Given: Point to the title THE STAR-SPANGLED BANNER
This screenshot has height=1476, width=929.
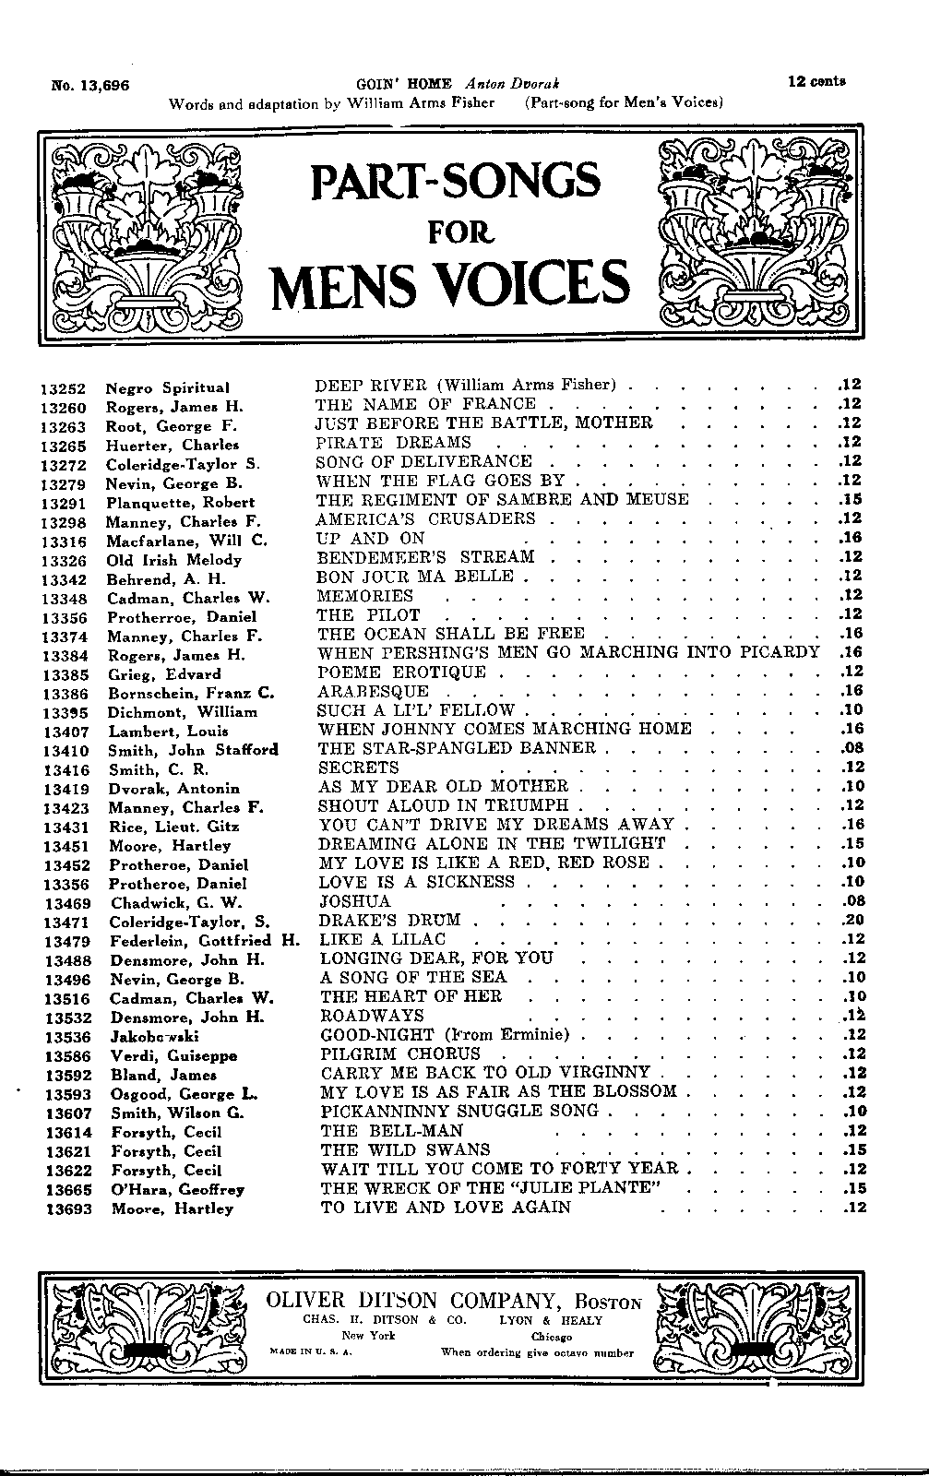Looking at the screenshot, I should pyautogui.click(x=457, y=748).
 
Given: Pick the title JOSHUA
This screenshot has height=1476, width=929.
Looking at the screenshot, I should pyautogui.click(x=355, y=901).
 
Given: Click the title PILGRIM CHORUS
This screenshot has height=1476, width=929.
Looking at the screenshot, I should pyautogui.click(x=400, y=1053).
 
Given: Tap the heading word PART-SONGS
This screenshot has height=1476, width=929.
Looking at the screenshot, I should pyautogui.click(x=457, y=180).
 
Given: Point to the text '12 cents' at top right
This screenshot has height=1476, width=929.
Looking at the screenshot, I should pyautogui.click(x=817, y=81).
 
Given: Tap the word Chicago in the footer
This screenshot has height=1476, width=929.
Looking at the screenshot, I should pyautogui.click(x=552, y=1337).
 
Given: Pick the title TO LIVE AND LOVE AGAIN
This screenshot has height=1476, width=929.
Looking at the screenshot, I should pyautogui.click(x=446, y=1208).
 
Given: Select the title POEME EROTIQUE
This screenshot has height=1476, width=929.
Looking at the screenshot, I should pyautogui.click(x=401, y=672).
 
